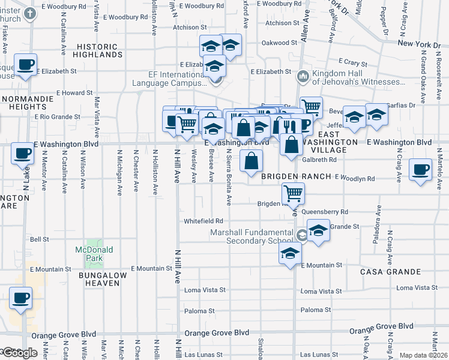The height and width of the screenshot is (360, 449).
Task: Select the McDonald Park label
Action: (x=89, y=253)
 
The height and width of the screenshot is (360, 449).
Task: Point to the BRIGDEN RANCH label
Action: (x=296, y=176)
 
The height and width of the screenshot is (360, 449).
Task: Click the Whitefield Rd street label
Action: (x=203, y=221)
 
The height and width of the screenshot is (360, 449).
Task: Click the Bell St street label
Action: (x=39, y=239)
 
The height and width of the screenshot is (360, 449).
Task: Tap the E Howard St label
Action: (x=75, y=93)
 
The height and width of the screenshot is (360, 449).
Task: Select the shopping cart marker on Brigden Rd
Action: (x=293, y=194)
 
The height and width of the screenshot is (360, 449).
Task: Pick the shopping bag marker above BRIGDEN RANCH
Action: (x=251, y=160)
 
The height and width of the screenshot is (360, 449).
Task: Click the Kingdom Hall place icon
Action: (x=303, y=77)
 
